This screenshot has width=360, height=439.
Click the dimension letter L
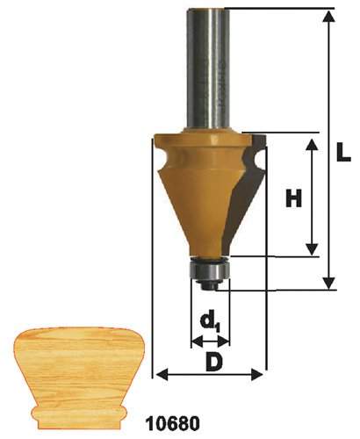[x=342, y=151]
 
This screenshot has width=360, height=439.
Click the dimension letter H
[x=293, y=198]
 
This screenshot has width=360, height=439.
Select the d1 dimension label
[x=209, y=323]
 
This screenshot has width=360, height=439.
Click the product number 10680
[x=173, y=423]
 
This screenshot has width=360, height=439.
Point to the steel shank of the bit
[x=209, y=69]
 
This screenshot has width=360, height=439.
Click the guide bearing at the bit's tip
[x=209, y=270]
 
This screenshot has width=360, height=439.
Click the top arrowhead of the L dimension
[x=330, y=16]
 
